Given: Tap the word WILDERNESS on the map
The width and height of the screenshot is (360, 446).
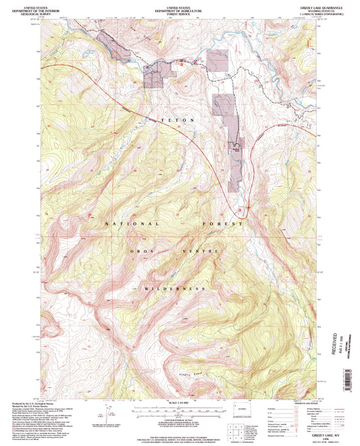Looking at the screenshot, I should point(174,289).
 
